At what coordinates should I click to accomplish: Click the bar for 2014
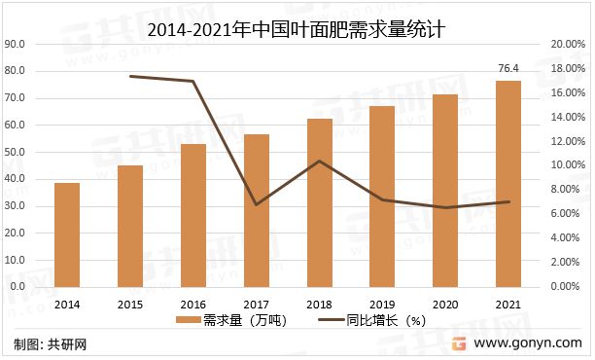(x=67, y=234)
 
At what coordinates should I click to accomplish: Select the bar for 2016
(x=193, y=215)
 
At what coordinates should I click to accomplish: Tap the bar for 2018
(x=320, y=202)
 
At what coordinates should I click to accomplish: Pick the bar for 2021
(x=507, y=184)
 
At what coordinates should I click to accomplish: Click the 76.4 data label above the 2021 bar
(x=507, y=68)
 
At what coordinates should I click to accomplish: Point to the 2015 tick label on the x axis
(x=130, y=304)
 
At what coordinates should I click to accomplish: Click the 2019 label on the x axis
(x=382, y=304)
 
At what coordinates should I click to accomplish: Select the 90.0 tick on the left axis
(x=17, y=45)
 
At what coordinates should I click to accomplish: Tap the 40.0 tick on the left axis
(x=17, y=180)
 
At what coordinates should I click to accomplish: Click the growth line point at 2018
(x=320, y=162)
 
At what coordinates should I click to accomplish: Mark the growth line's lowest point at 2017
(x=257, y=204)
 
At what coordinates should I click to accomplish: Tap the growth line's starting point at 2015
(x=130, y=76)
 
